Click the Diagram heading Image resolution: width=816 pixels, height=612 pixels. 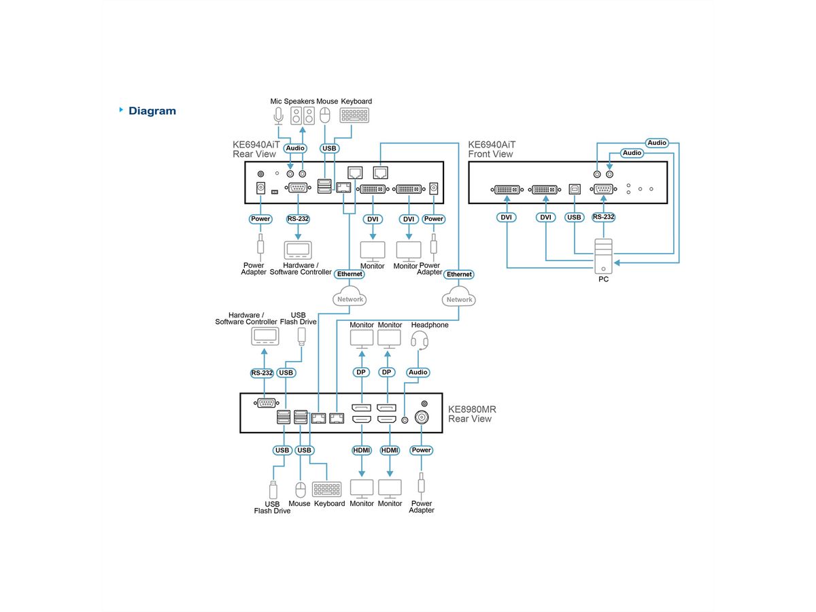point(152,111)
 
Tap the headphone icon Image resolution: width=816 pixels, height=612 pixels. point(421,341)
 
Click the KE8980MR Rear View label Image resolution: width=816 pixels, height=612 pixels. point(472,414)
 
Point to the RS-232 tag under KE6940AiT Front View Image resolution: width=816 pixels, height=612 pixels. point(603,218)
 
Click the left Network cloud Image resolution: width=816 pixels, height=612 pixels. point(350,299)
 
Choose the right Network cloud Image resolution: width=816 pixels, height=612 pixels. point(459,299)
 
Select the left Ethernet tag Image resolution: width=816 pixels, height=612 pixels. point(350,273)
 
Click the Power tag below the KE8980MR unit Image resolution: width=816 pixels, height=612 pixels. point(422,450)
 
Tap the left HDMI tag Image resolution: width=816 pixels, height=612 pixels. point(362,450)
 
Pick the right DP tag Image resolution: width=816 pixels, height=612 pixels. point(388,372)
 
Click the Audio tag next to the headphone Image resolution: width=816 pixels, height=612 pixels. point(418,372)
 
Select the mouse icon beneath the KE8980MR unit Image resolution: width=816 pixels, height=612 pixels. point(301,489)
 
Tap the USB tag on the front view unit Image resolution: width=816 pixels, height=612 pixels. point(575,218)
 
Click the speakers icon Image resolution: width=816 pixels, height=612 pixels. point(303,116)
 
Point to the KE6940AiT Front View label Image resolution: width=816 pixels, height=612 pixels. point(492,149)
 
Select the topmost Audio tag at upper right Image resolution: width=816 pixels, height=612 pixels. point(657,143)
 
